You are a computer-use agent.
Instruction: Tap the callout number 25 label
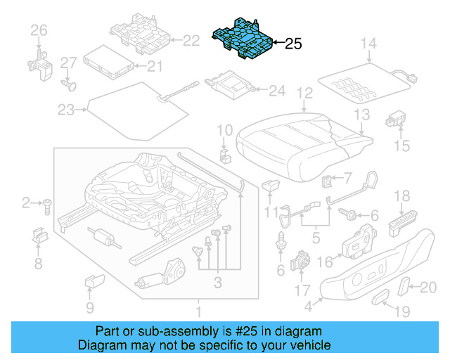pos(292,44)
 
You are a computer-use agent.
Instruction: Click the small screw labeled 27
pos(68,84)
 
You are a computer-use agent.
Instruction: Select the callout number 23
pos(65,110)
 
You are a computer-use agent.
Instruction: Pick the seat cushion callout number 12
pos(304,93)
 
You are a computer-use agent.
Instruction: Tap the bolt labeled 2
pos(48,205)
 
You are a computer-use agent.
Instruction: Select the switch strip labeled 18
pos(401,223)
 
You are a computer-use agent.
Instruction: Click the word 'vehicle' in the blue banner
pos(307,345)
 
